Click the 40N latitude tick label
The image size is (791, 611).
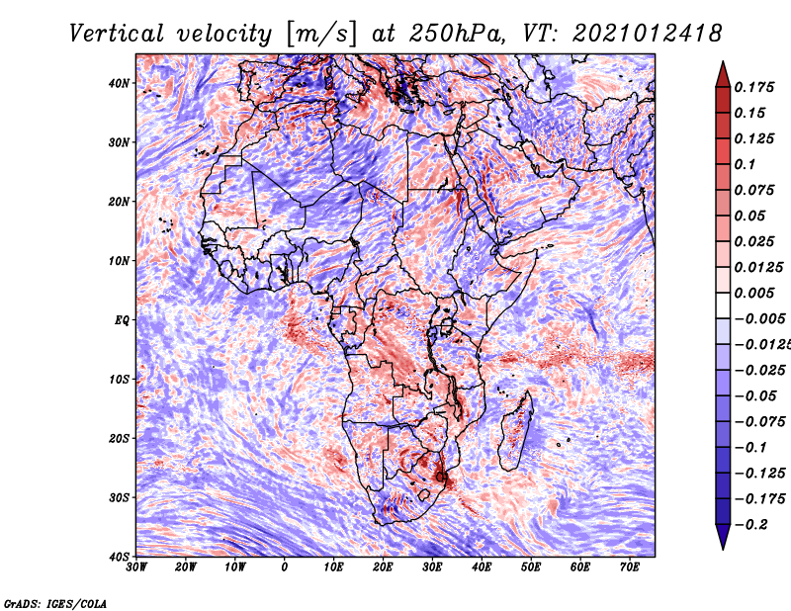point(120,83)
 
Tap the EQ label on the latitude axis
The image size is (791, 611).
point(122,319)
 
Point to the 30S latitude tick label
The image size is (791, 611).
point(120,496)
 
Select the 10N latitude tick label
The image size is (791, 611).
point(120,260)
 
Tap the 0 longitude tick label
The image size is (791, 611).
point(285,567)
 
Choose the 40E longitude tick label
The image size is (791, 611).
point(482,567)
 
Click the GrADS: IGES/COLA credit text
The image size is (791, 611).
point(55,601)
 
